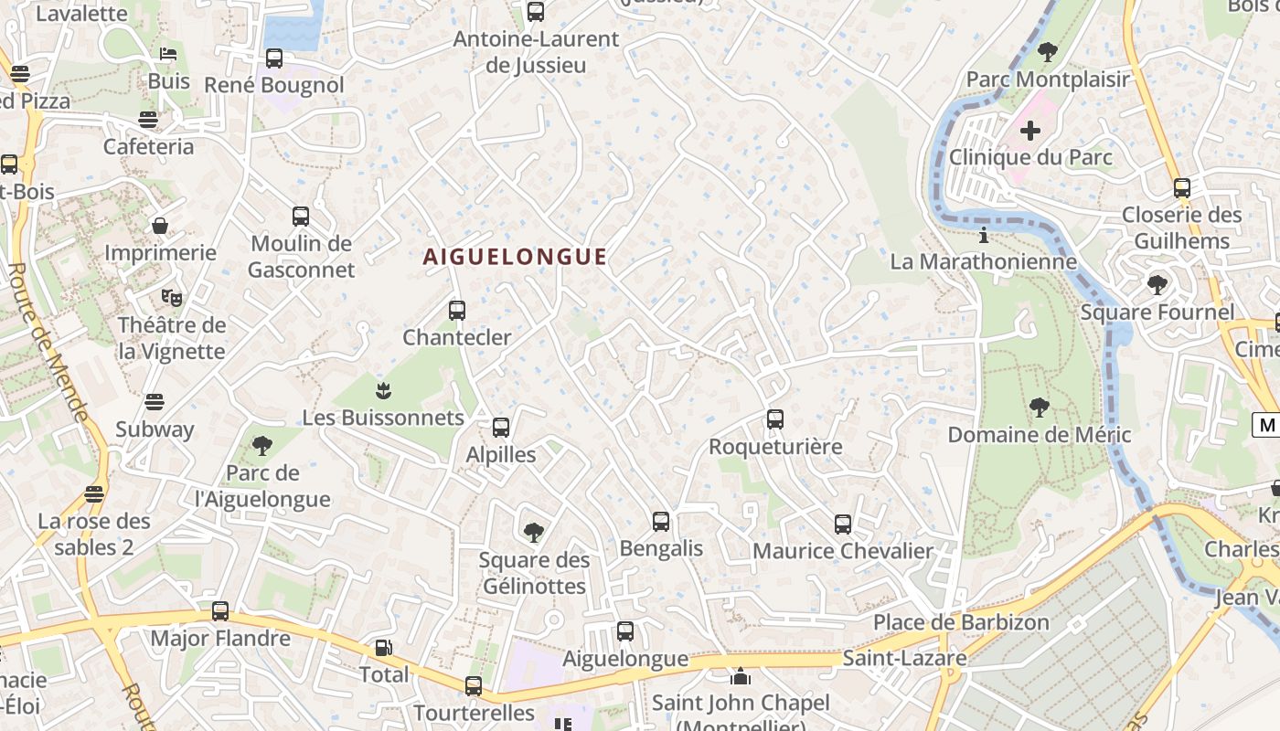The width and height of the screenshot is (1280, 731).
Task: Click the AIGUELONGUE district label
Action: click(x=515, y=257)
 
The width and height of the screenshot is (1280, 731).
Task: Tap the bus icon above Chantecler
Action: click(x=457, y=310)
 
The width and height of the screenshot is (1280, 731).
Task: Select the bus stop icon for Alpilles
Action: click(x=500, y=427)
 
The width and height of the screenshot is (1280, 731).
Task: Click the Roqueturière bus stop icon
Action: click(x=775, y=419)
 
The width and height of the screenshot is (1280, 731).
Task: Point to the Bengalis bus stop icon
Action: click(x=661, y=522)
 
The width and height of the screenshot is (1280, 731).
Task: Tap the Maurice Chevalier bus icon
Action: click(x=843, y=524)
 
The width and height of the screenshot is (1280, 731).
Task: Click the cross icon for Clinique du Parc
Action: click(x=1030, y=131)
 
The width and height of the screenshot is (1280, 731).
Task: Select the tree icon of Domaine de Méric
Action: click(x=1039, y=408)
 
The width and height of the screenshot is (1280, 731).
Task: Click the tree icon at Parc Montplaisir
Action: click(x=1048, y=52)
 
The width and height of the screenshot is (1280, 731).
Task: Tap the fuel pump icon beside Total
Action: click(x=384, y=648)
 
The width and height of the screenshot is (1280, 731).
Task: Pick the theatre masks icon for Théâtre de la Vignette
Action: click(x=171, y=297)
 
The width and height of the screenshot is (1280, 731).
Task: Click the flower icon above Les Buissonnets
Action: click(x=384, y=391)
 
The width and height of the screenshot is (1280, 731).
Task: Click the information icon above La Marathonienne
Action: click(x=984, y=236)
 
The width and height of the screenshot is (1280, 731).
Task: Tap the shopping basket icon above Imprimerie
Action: click(x=160, y=225)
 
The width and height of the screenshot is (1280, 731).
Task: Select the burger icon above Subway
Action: click(x=155, y=401)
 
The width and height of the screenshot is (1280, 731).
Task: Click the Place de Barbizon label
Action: click(x=961, y=622)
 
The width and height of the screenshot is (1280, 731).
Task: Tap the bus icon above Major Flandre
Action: click(x=220, y=611)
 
